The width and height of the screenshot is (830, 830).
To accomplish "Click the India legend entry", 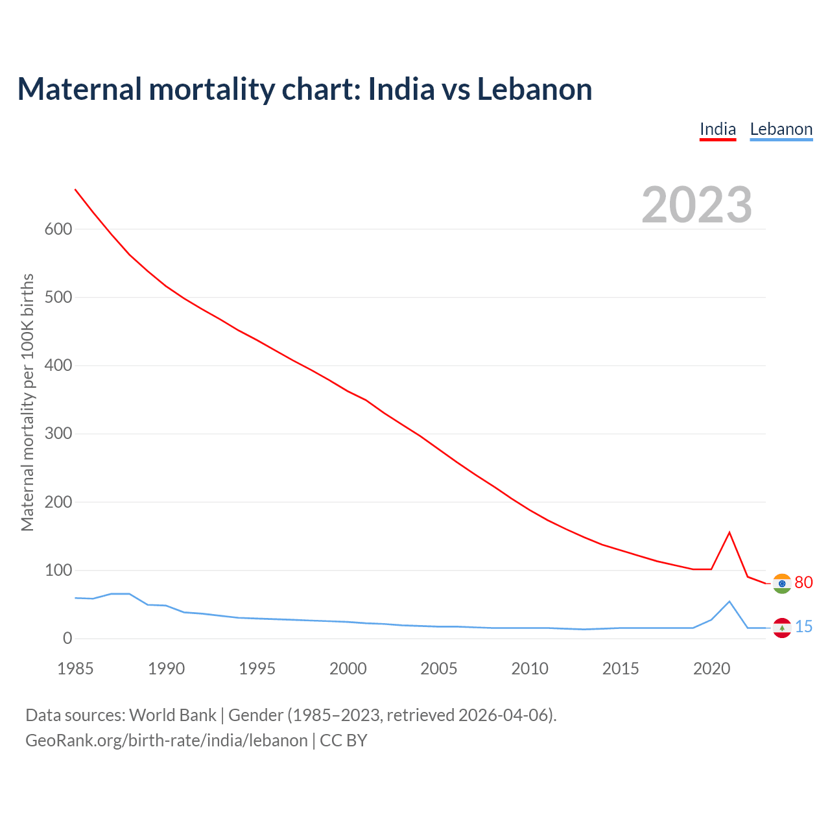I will click(718, 129).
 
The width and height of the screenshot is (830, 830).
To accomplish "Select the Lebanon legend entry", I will click(781, 129).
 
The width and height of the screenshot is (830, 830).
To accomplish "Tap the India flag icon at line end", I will click(782, 584).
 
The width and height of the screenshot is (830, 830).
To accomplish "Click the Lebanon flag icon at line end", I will click(782, 628).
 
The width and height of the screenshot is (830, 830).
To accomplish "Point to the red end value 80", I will click(803, 583).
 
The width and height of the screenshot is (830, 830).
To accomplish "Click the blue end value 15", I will click(803, 627).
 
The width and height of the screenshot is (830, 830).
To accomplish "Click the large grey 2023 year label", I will click(696, 205).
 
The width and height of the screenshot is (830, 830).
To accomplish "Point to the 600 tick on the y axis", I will click(58, 230).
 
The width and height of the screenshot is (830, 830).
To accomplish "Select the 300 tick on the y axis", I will click(58, 434).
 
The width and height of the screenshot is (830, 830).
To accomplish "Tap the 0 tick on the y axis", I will click(67, 639).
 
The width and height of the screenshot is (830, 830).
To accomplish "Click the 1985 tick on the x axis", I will click(75, 669).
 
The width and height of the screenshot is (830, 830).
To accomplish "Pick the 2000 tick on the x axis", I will click(348, 669).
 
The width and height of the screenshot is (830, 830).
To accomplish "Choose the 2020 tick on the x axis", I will click(711, 669).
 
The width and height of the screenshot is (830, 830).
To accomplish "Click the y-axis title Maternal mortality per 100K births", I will click(27, 402).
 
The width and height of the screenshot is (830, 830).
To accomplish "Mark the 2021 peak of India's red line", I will click(729, 532).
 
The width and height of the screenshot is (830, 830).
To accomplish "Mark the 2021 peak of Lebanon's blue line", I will click(729, 602).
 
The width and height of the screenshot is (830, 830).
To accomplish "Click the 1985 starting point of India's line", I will click(75, 189).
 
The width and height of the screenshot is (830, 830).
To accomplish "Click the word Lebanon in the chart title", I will click(534, 89).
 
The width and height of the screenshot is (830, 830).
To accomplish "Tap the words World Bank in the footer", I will click(172, 715).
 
